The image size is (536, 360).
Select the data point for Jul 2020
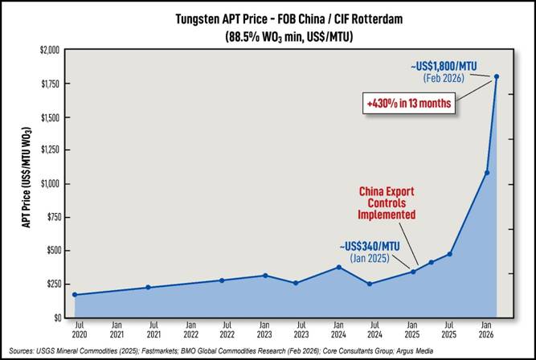pyautogui.click(x=75, y=295)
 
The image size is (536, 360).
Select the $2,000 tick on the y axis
pyautogui.click(x=49, y=50)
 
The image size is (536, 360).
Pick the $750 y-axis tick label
pyautogui.click(x=51, y=217)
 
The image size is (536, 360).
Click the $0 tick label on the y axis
pyautogui.click(x=56, y=317)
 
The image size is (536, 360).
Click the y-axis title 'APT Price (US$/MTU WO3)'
pyautogui.click(x=27, y=184)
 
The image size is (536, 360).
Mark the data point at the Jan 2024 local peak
pyautogui.click(x=339, y=267)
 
